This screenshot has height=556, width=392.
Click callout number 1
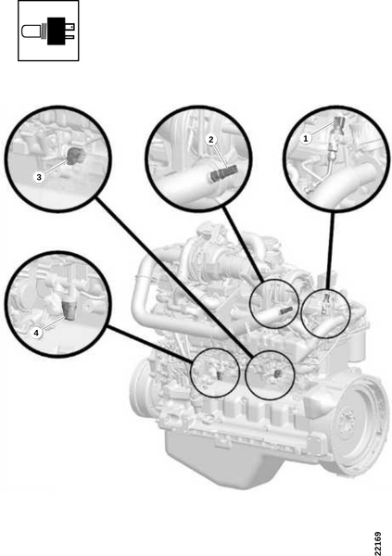[306, 138]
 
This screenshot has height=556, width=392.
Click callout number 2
[211, 140]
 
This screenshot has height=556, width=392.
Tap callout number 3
[39, 177]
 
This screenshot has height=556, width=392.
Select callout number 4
[36, 333]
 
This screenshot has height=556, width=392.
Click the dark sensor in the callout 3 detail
[75, 157]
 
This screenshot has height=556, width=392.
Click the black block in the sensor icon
[57, 31]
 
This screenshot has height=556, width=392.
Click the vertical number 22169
[378, 542]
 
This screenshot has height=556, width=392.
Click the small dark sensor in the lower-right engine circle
[277, 373]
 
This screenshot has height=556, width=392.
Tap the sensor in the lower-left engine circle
[221, 374]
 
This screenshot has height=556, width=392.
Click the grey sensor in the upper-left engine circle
[286, 311]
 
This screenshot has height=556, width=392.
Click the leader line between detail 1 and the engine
[331, 250]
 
